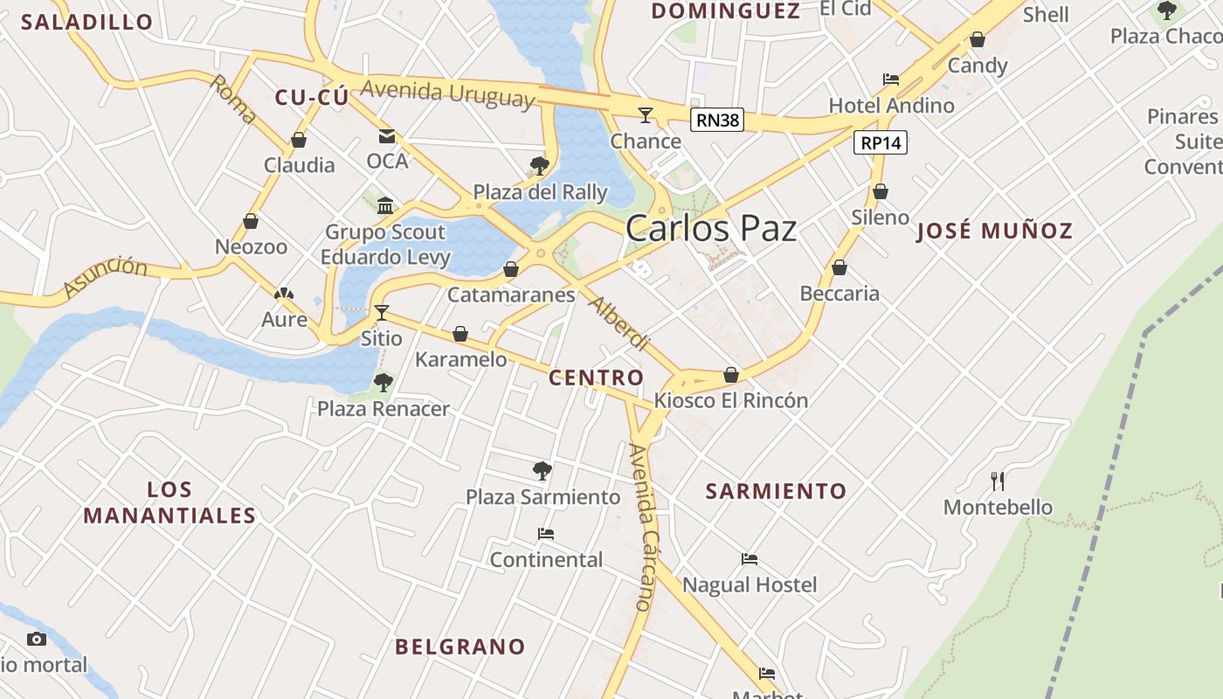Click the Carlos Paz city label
pos(711,229)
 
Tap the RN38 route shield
pos(717,121)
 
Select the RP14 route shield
pos(881,142)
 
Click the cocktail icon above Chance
pos(646,114)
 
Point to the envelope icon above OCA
pos(387,136)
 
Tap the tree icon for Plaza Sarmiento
pos(542,471)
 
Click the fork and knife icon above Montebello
pos(998,481)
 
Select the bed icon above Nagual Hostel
pos(750,559)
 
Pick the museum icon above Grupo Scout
pos(385,206)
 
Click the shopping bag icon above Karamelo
pos(460,334)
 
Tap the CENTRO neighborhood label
pos(596,378)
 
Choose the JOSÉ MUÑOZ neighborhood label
pos(994,232)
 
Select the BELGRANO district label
pos(460,647)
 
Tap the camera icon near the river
pos(37,639)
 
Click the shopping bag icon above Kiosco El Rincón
pos(731,375)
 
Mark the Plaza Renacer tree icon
pos(383,383)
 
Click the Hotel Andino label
pos(891,106)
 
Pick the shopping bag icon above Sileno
pos(881,191)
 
